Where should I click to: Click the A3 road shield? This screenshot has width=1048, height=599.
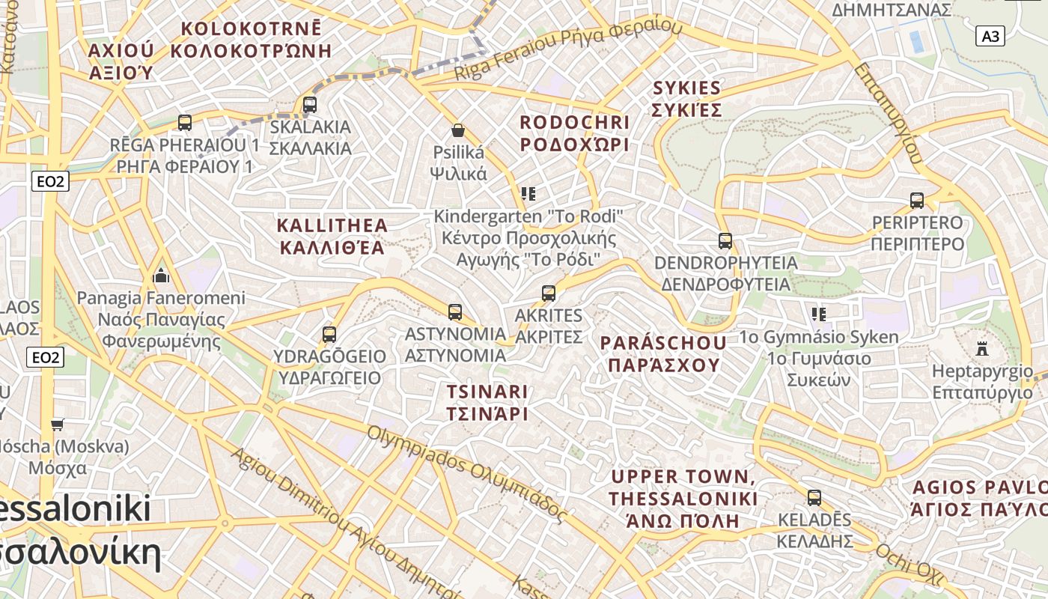pos(990,36)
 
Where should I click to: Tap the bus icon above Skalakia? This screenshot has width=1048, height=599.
pos(310,104)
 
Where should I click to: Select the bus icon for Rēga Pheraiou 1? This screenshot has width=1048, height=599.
pos(185,122)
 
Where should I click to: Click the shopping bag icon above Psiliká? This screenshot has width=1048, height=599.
pos(458,130)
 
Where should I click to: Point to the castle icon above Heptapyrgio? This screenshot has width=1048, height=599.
pos(983,348)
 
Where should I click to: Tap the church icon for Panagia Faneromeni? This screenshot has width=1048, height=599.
pos(161,276)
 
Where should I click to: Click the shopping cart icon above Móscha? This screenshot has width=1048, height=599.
pos(57,425)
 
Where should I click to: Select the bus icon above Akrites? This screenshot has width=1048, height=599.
pos(549,293)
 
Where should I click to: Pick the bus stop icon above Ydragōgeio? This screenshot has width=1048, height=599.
pos(329,334)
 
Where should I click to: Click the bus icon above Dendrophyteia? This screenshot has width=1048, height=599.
pos(725,240)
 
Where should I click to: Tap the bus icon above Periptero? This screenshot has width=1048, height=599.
pos(917,200)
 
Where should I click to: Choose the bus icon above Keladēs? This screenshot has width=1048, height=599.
pos(814,497)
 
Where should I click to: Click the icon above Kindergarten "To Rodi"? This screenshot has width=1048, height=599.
pos(528,194)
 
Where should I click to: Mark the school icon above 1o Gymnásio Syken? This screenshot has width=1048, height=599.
pos(818,314)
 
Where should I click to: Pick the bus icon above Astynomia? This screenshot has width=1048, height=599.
pos(454,311)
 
